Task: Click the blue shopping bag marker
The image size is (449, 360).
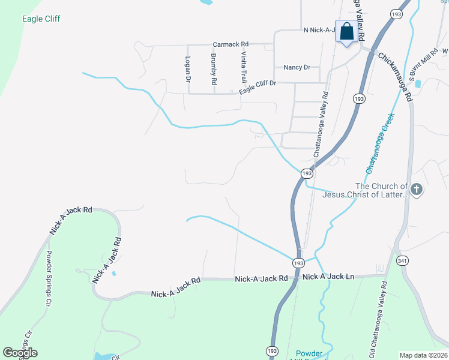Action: click(347, 32)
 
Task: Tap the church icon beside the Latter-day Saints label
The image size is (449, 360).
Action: click(417, 190)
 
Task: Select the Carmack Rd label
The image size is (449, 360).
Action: click(231, 44)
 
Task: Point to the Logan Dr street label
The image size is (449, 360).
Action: click(188, 69)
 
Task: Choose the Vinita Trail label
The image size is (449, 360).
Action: click(244, 67)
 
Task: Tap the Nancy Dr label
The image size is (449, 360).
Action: click(297, 68)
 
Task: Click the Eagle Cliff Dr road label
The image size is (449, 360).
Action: click(257, 87)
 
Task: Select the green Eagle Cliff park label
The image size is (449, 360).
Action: click(41, 19)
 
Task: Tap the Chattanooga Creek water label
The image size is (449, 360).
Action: click(380, 142)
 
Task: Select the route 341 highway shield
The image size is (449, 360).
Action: click(402, 260)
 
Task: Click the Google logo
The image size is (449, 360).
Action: click(20, 352)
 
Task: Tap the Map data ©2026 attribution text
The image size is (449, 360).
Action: click(423, 355)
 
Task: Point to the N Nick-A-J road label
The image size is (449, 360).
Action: click(319, 29)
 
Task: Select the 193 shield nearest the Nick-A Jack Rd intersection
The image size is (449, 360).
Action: click(298, 263)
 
